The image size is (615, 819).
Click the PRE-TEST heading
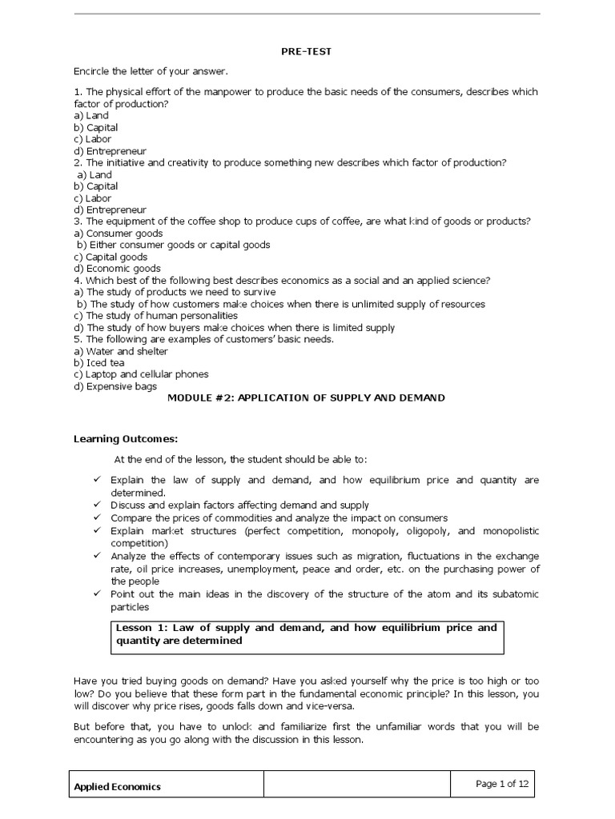coord(306,51)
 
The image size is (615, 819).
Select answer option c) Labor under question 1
coord(95,139)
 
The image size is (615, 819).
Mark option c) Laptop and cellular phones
coord(141,374)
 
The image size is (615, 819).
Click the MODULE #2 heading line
coord(306,398)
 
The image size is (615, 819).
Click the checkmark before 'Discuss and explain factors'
coord(96,505)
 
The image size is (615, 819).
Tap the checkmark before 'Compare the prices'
coord(96,518)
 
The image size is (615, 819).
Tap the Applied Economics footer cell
coord(118,786)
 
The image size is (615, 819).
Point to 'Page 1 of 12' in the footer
coord(502,784)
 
